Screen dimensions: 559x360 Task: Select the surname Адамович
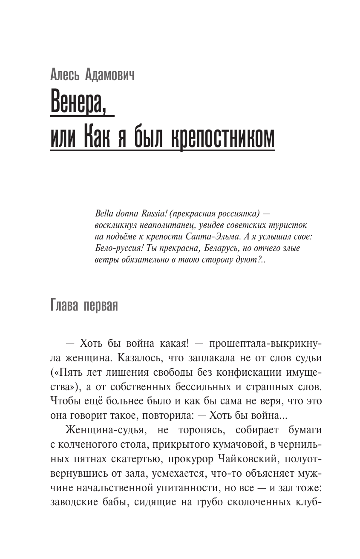[108, 75]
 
